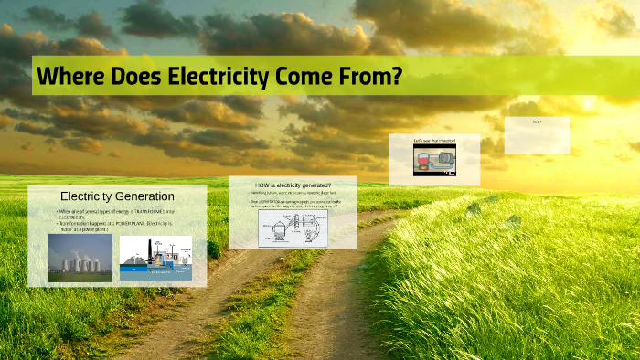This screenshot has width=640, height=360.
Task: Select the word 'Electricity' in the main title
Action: (213, 77)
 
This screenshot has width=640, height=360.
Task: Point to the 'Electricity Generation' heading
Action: (117, 196)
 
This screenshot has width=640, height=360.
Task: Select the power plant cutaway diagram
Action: (155, 259)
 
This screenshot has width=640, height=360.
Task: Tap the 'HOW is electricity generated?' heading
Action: (293, 186)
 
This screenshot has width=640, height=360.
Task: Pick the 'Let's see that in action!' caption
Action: (433, 140)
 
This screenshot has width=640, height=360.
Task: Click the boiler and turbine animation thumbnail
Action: (434, 159)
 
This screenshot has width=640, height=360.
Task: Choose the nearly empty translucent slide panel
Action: (537, 135)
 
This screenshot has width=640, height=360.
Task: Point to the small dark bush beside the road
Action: (213, 249)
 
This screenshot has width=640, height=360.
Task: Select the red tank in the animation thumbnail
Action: (422, 161)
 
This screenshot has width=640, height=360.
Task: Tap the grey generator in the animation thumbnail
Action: (446, 159)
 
